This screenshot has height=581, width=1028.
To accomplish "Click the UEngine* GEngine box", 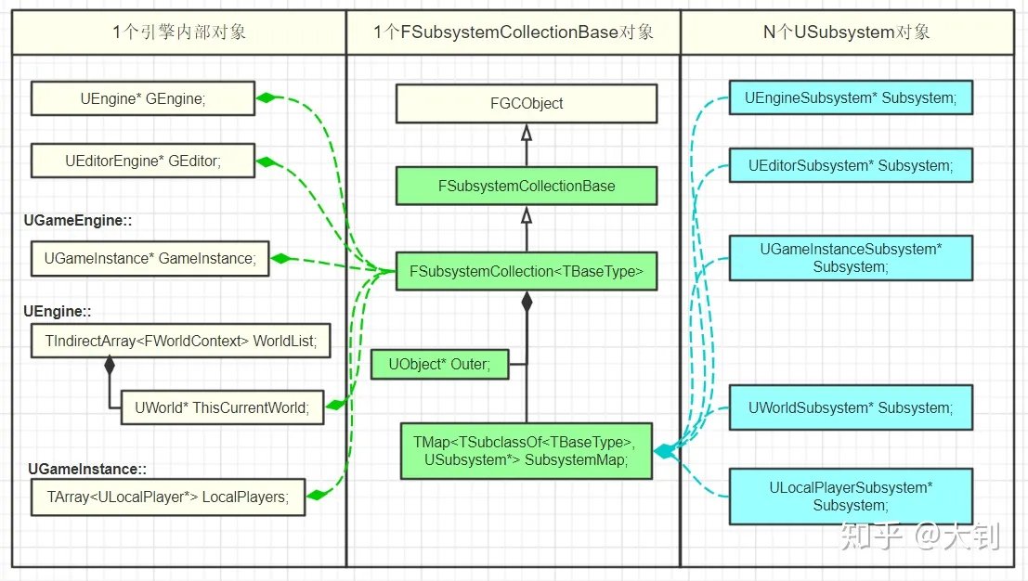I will click(142, 98).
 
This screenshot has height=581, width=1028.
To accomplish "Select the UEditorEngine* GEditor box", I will click(142, 161).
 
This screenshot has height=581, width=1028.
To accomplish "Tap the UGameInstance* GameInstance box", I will click(150, 258).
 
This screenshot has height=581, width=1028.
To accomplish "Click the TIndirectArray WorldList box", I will click(180, 342).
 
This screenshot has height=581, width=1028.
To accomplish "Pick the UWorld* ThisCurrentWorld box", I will click(222, 407).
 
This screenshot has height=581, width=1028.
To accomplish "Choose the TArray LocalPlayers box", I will click(168, 497).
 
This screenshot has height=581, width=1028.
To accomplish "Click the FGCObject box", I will click(527, 104).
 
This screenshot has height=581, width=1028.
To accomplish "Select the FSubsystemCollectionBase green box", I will click(527, 186).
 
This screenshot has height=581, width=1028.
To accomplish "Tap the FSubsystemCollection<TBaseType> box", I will click(527, 272).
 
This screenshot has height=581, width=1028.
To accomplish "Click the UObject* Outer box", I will click(439, 364).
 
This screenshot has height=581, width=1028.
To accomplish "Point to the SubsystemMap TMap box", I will click(526, 451).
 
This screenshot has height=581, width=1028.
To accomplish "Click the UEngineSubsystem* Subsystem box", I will click(850, 97).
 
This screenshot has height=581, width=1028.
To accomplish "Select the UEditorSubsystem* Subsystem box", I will click(850, 165).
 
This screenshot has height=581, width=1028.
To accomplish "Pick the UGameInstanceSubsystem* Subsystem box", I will click(850, 258).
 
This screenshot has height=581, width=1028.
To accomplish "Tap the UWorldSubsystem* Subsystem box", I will click(850, 407).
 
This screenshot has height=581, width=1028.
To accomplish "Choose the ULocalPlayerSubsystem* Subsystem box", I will click(850, 497).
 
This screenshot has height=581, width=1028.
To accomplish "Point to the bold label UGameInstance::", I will click(87, 470).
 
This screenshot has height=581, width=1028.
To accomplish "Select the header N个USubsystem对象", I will click(846, 32).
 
